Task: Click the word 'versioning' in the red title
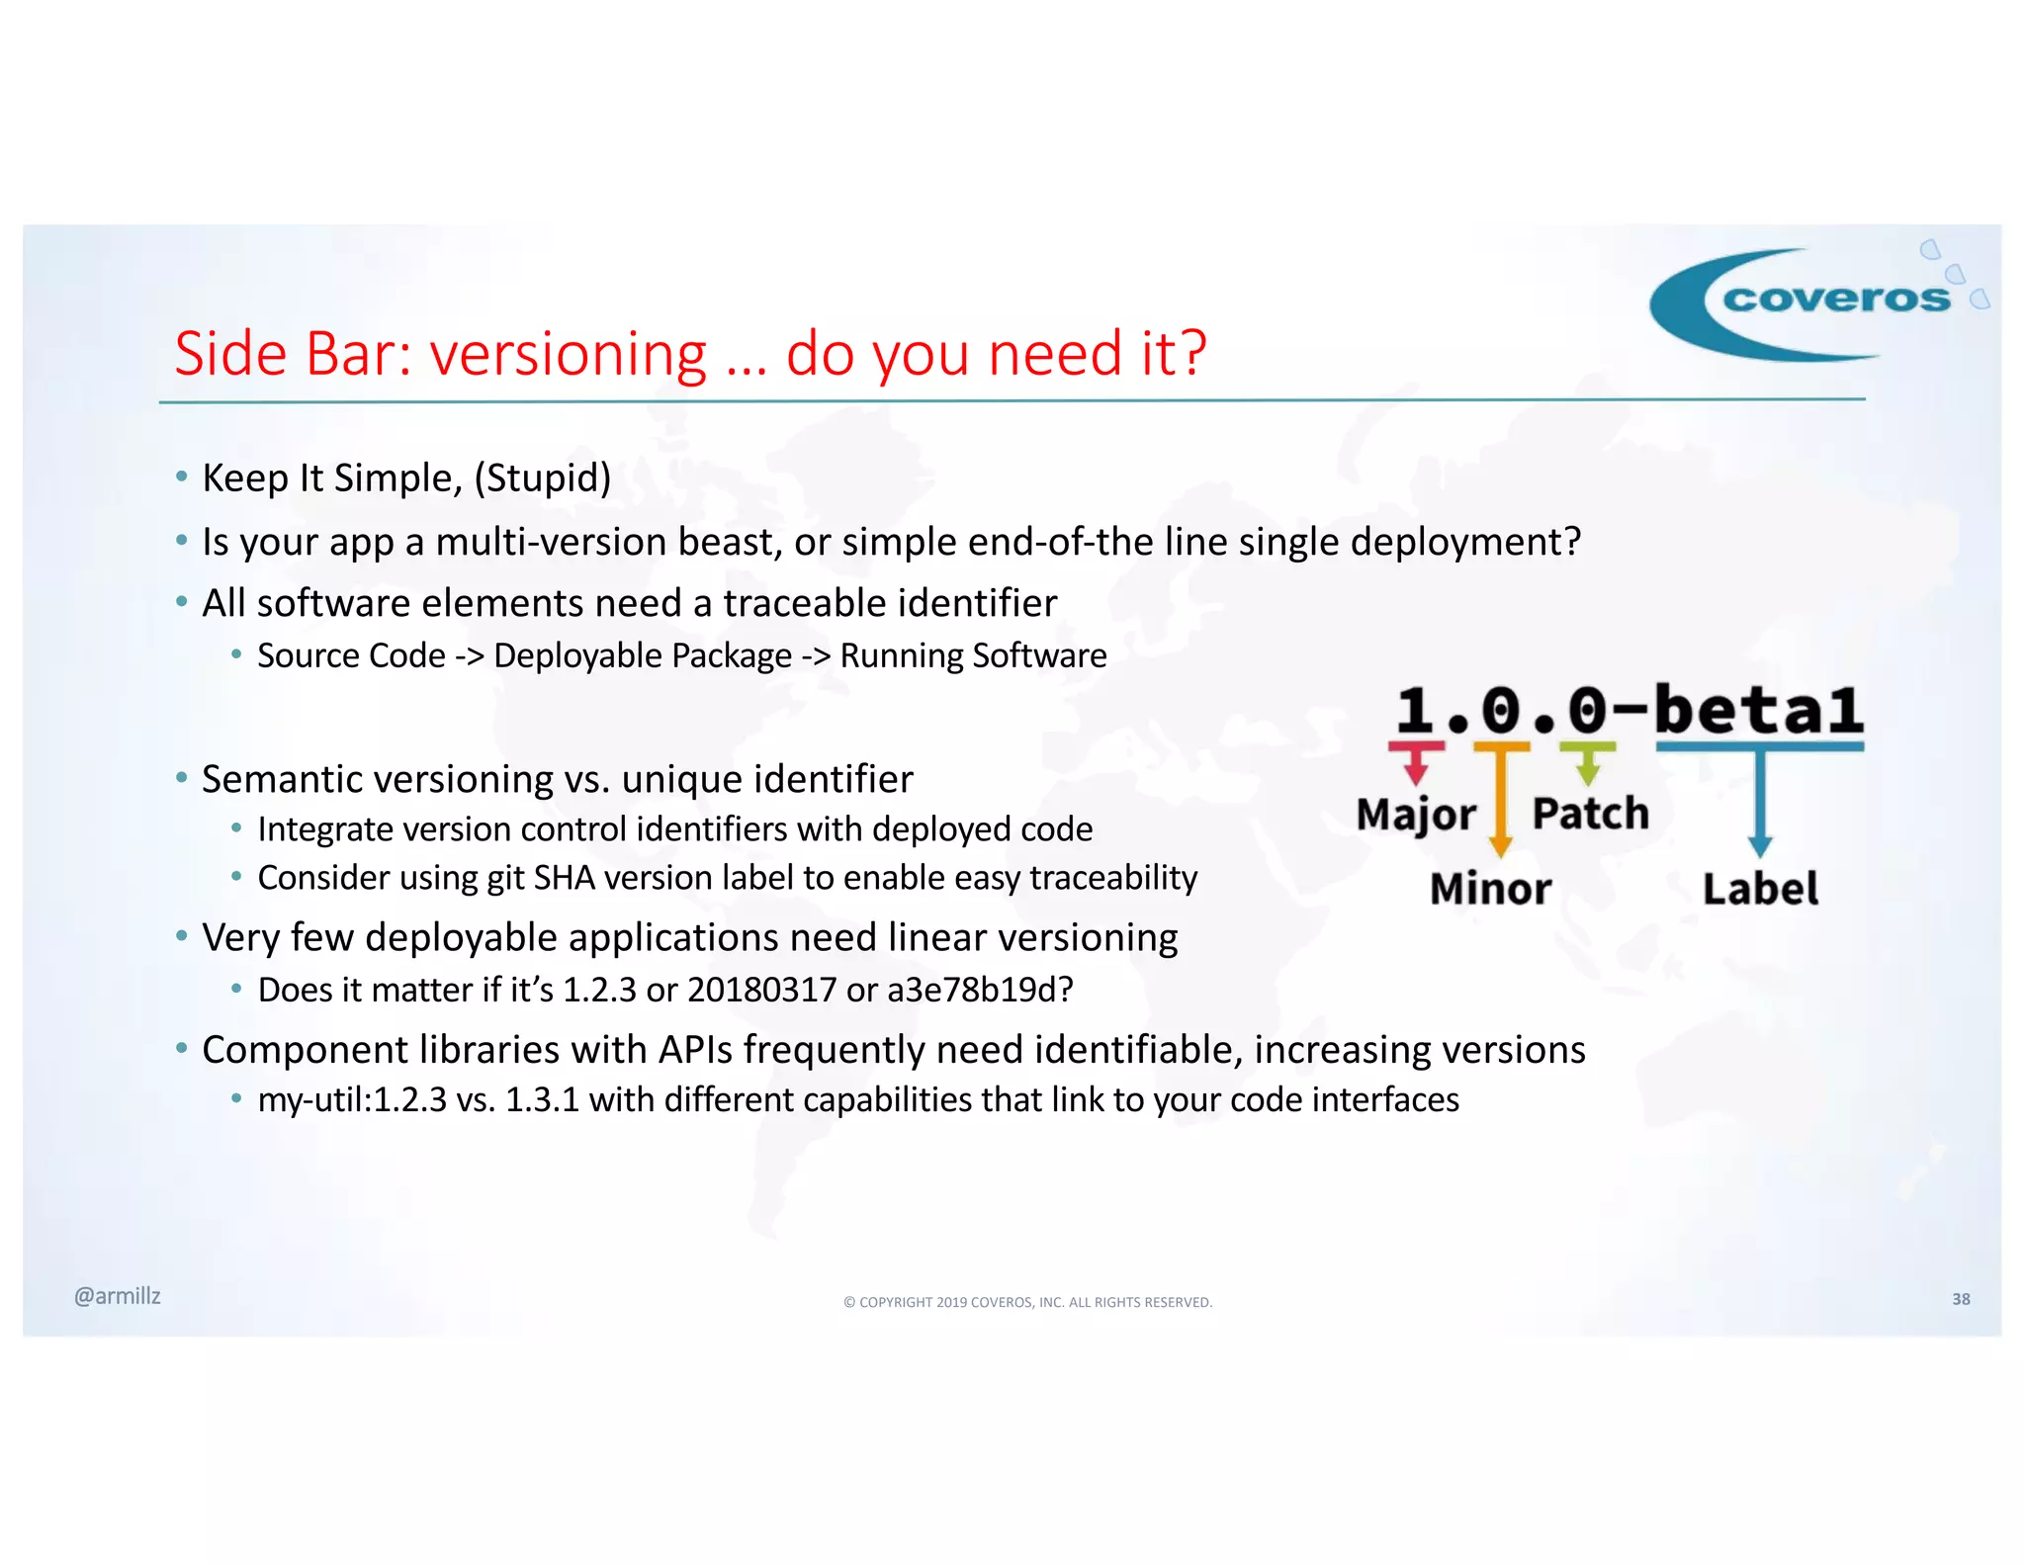(568, 354)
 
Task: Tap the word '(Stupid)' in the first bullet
(542, 478)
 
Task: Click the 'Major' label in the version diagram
(1415, 814)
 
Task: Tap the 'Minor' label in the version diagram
(1490, 888)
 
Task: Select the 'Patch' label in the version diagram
(1590, 814)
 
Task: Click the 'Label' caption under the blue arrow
(1760, 888)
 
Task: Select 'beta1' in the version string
(1758, 709)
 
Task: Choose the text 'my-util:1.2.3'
(352, 1099)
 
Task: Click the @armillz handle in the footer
(117, 1296)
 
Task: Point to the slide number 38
(1961, 1299)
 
